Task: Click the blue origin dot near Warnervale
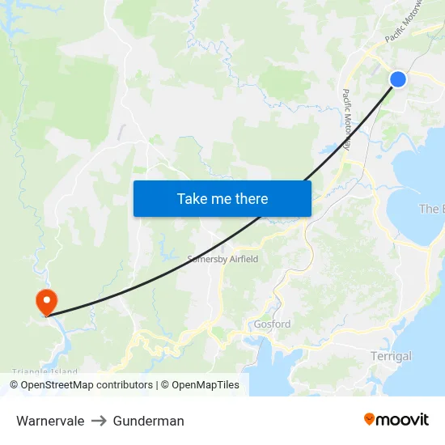tap(397, 78)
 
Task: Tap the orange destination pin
tap(46, 301)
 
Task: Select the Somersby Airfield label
tap(222, 259)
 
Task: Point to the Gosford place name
tap(271, 324)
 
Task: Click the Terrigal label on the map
tap(391, 356)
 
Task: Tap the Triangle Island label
tap(44, 372)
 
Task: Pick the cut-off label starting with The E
tap(431, 209)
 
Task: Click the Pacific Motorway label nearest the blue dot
tap(404, 23)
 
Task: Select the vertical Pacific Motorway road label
tap(346, 120)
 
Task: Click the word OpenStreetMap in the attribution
tap(57, 385)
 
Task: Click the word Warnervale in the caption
tap(50, 421)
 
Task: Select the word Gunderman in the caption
tap(149, 421)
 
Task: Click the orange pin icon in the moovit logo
tap(370, 419)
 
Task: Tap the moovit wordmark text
tap(402, 419)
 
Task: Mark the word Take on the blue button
tap(193, 198)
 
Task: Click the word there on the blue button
tap(251, 198)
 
